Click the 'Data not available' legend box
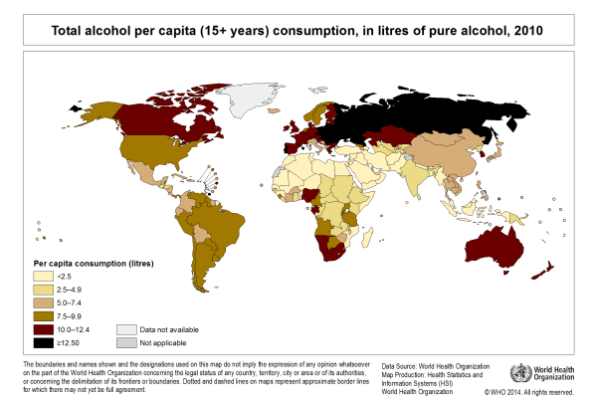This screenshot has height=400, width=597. pos(126,327)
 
